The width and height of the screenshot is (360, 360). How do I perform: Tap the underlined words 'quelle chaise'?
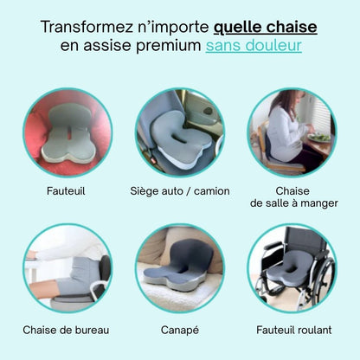coord(264,27)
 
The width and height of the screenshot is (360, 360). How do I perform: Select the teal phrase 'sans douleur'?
coord(254,46)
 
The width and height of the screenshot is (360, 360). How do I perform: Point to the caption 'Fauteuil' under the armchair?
coord(67,190)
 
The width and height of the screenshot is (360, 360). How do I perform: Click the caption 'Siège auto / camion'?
coord(179,190)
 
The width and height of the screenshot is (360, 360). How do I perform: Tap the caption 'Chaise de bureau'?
coord(67,330)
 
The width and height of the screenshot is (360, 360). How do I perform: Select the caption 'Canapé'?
coord(179,330)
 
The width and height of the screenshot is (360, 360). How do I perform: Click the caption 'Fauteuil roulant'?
coord(292,330)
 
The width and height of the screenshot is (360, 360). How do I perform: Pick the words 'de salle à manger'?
coord(293,203)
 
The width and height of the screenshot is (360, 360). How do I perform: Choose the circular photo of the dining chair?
coord(292,132)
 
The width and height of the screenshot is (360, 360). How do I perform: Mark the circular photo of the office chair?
coord(67,268)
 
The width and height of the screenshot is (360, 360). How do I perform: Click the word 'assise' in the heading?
coord(107,46)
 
